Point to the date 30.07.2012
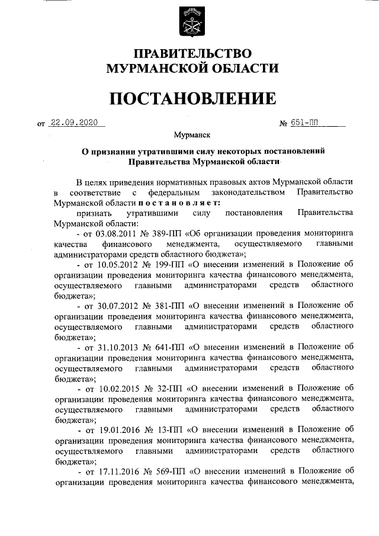point(118,306)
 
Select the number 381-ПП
point(172,306)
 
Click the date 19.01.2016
point(118,429)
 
